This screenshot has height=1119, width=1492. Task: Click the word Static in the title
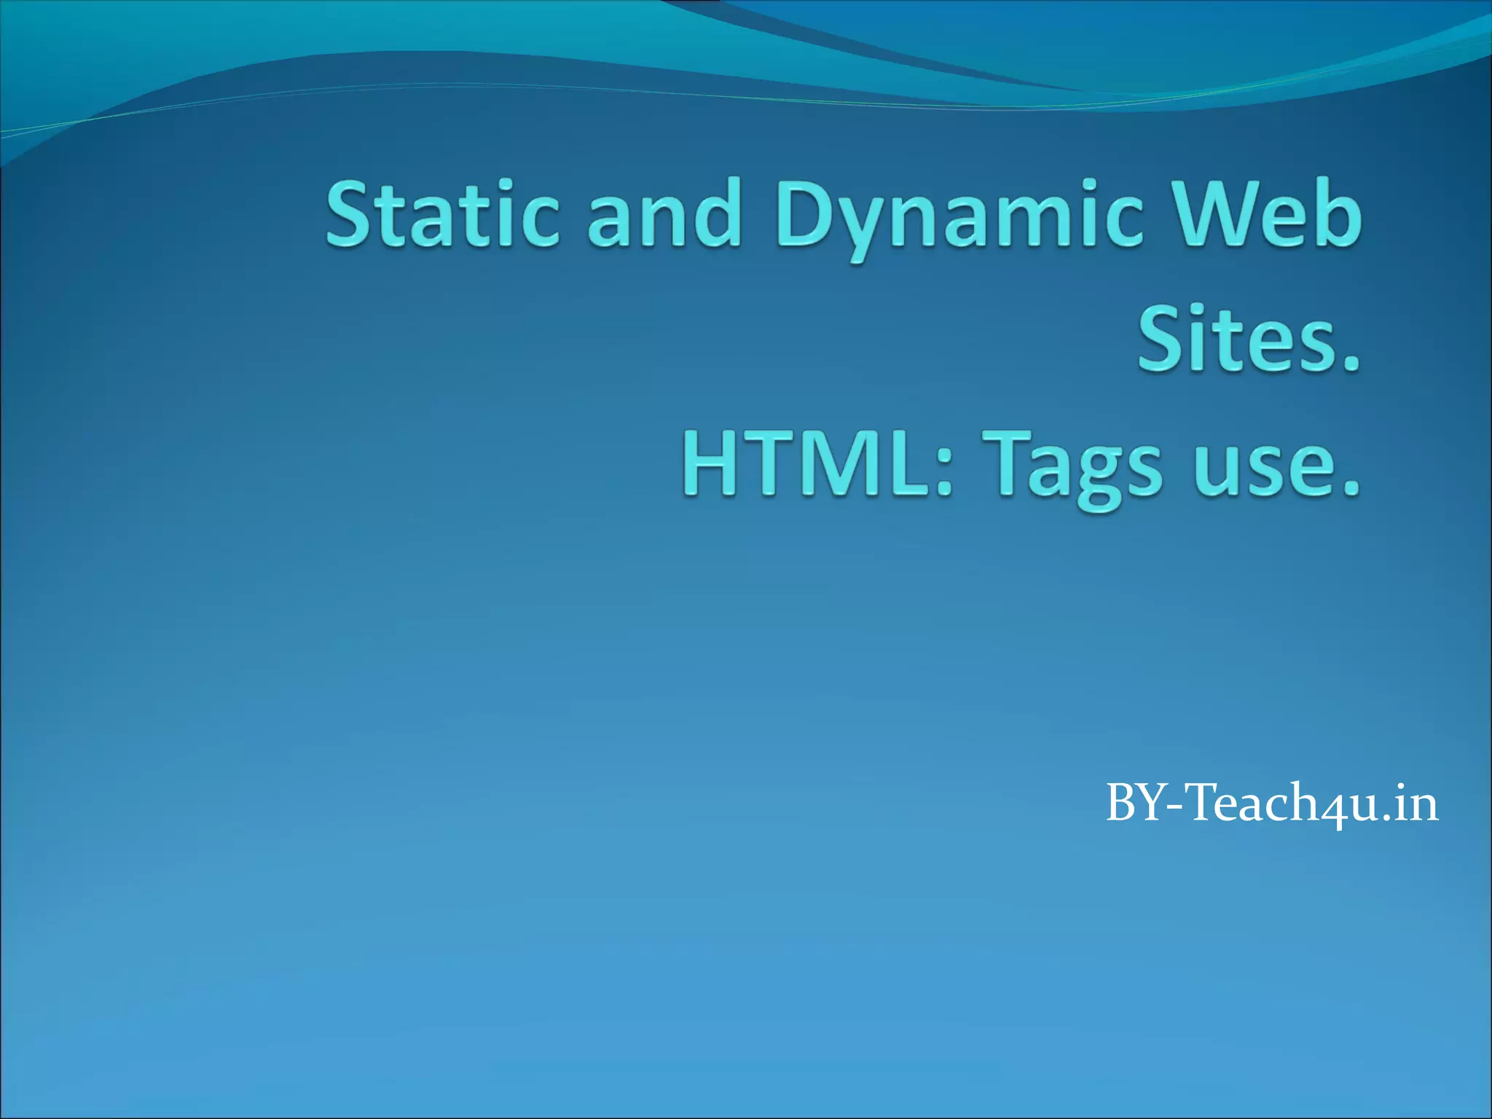442,214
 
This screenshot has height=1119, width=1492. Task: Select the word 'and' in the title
664,214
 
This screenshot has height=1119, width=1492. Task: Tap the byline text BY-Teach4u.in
1272,804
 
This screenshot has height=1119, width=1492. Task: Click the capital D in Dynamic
806,214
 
